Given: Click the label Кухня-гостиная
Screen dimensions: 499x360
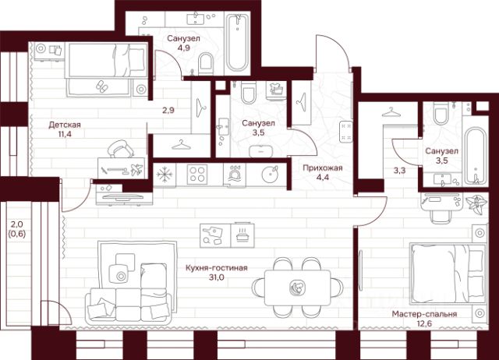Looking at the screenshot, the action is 216,269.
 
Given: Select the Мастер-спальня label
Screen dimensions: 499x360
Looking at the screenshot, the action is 426,314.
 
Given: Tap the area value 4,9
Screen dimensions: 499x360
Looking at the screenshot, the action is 183,49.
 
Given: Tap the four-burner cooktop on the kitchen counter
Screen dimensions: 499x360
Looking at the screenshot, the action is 196,173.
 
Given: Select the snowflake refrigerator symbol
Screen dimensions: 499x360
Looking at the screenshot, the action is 165,173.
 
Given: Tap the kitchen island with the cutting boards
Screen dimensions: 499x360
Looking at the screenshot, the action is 225,233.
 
